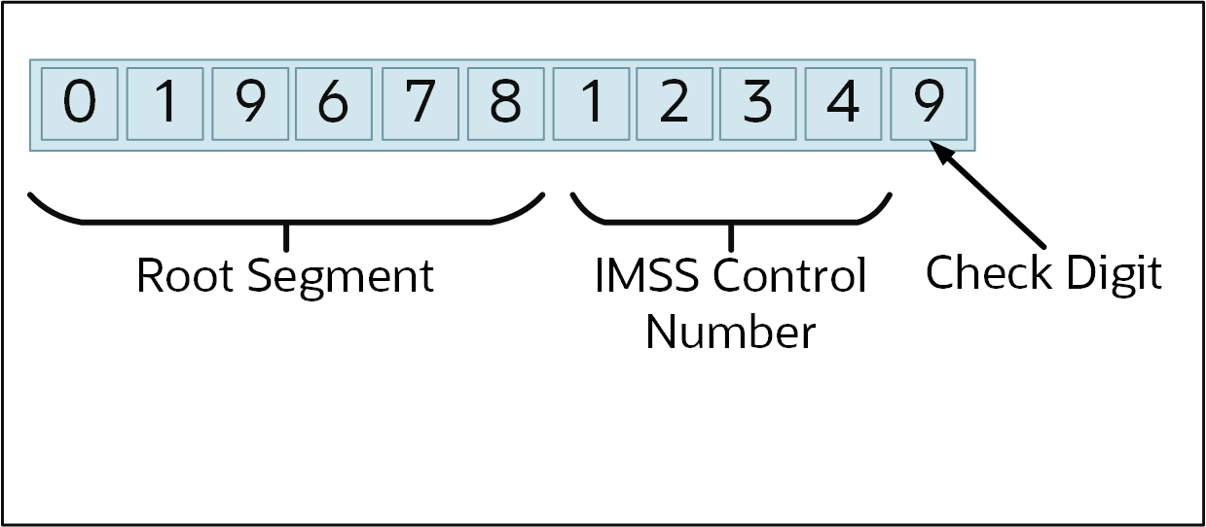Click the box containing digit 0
80,104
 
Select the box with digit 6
334,104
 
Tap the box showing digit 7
420,104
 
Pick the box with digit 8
505,104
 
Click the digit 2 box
674,104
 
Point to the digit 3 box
758,104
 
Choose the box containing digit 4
843,104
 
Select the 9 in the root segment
250,104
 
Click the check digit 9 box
930,104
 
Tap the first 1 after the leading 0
165,104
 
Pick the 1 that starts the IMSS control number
590,104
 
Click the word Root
186,276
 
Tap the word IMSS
646,276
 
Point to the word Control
789,276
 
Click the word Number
730,333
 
